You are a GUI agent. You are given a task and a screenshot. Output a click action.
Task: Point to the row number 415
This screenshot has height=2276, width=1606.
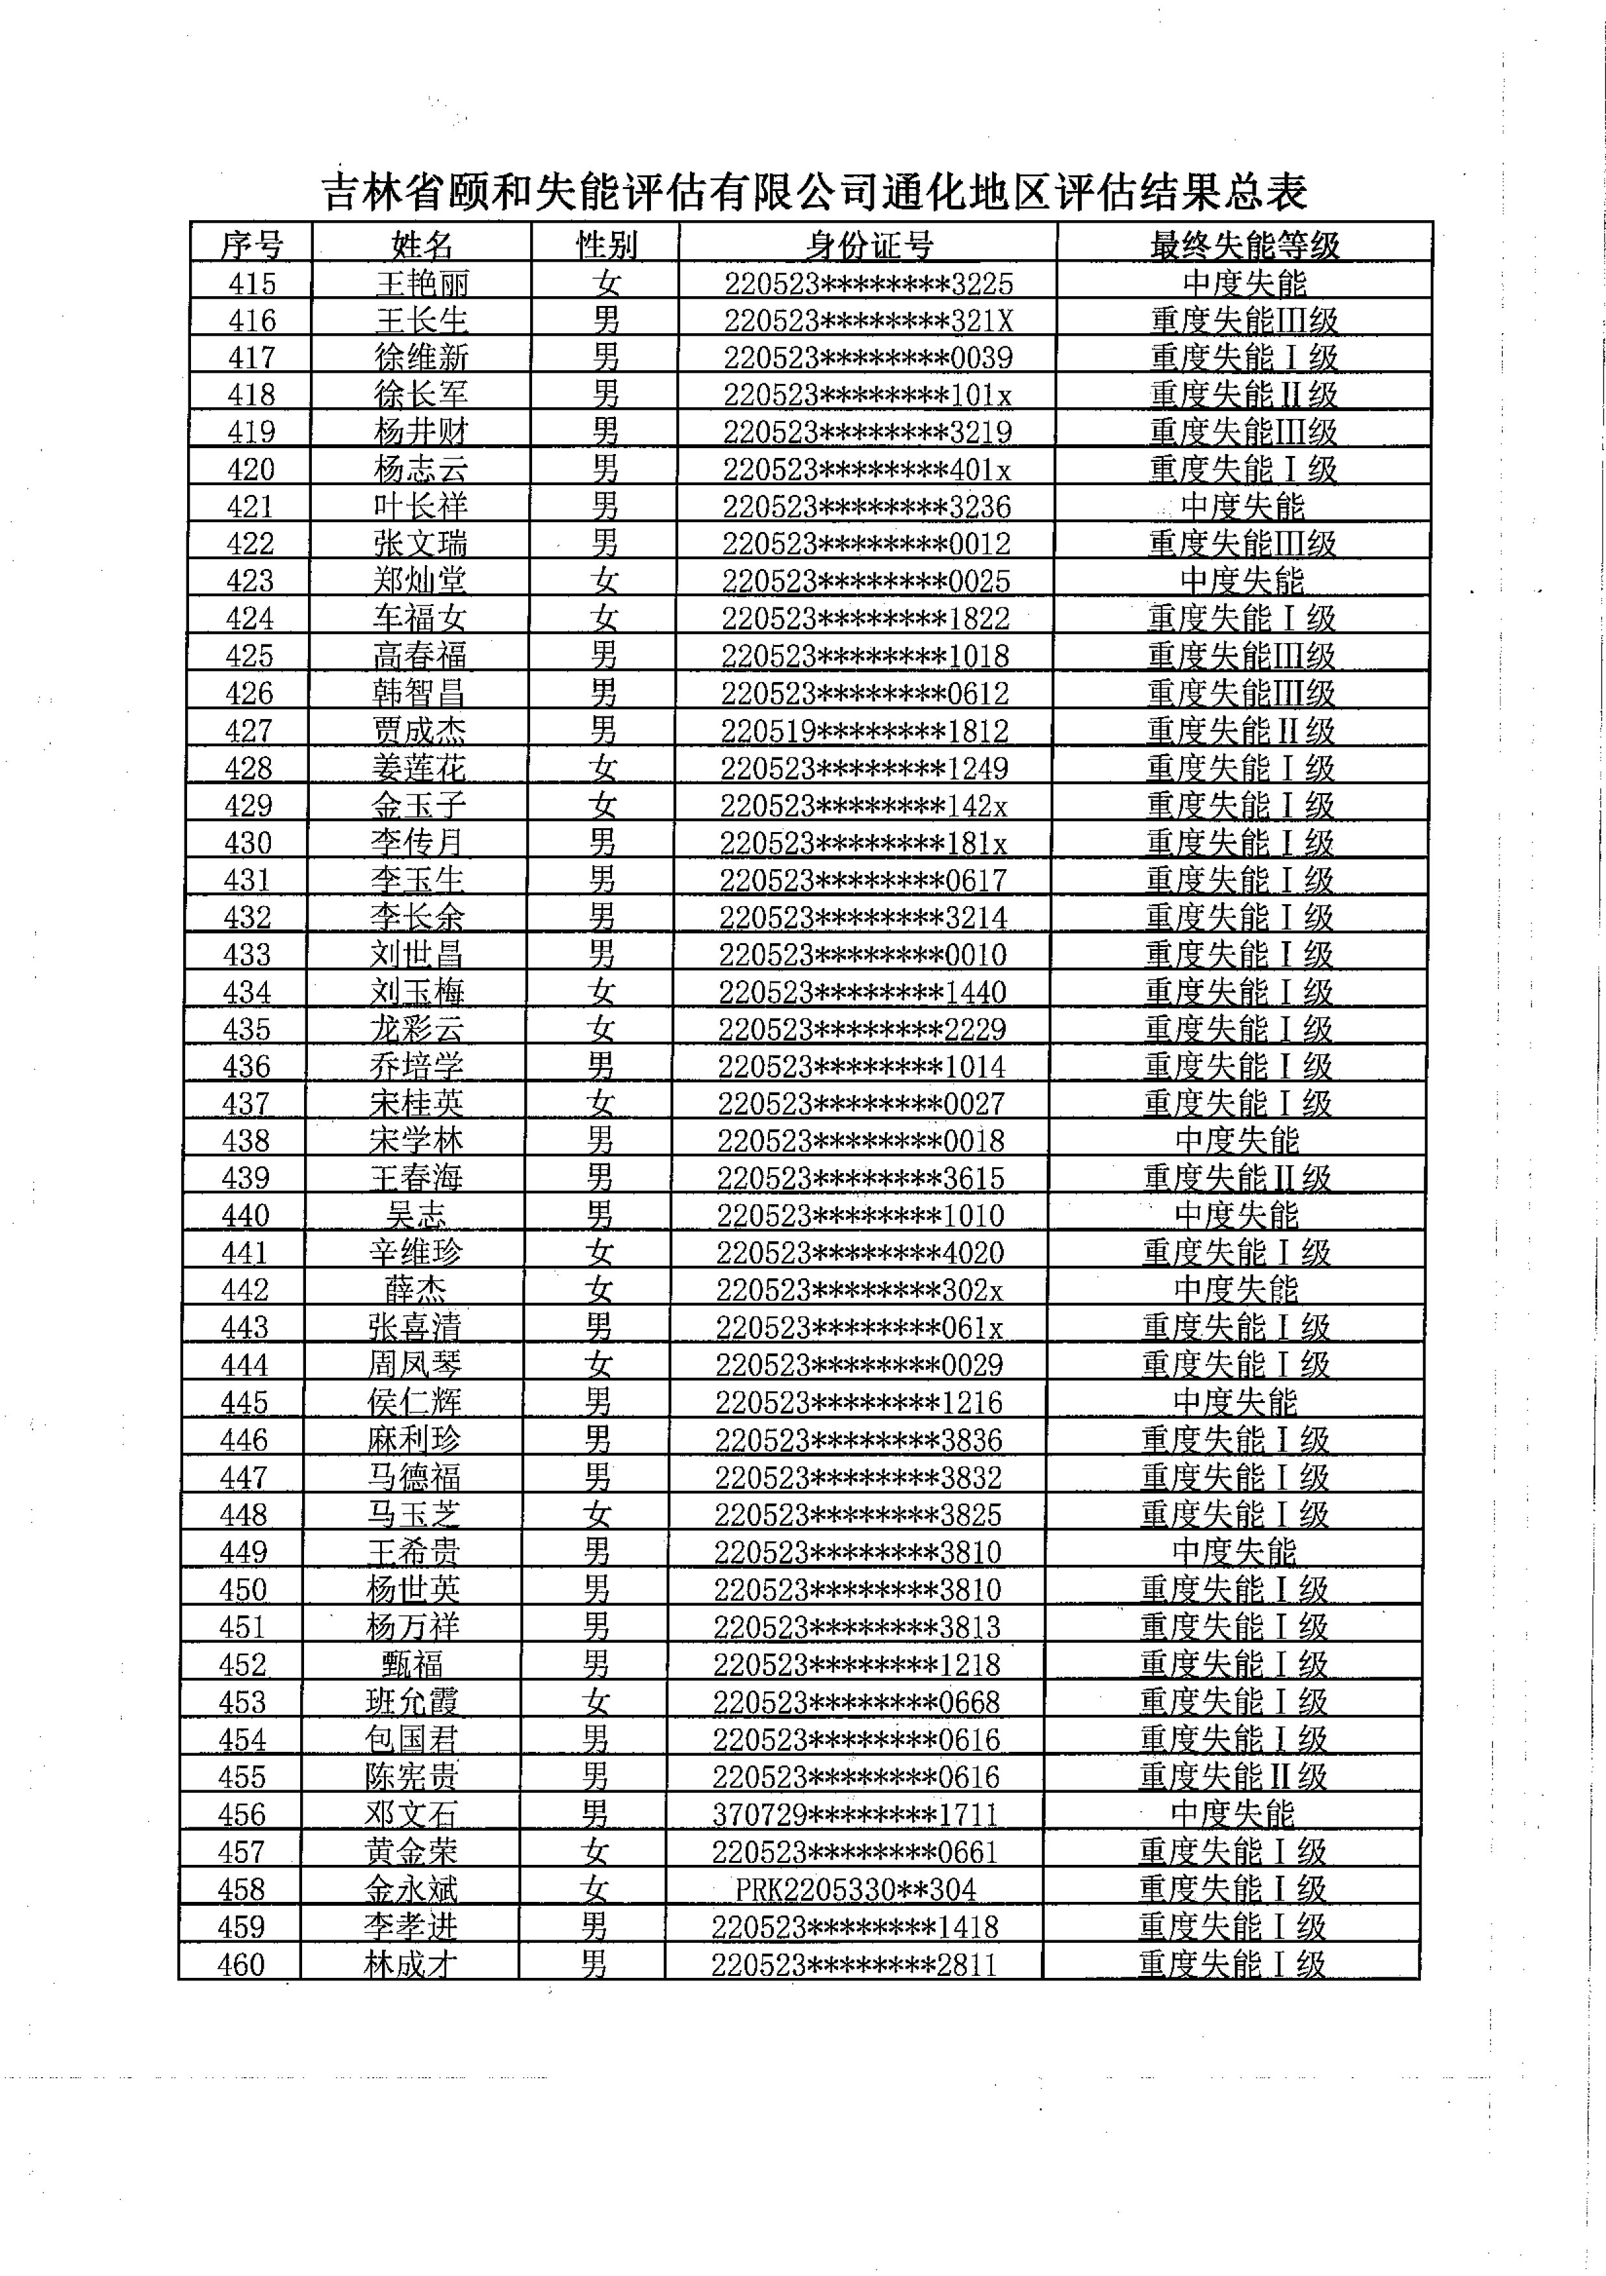252,283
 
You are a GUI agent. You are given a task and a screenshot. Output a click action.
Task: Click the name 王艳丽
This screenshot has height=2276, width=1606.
422,283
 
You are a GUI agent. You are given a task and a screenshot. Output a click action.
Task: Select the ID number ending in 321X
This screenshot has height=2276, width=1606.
867,321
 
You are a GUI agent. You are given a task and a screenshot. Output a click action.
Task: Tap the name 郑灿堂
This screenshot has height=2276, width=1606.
419,581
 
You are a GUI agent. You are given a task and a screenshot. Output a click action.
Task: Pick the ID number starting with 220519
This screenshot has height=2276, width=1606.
865,731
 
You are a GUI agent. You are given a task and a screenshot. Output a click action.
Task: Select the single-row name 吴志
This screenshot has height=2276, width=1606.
415,1215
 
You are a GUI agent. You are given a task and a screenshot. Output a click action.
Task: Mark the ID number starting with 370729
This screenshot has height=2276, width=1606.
854,1814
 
